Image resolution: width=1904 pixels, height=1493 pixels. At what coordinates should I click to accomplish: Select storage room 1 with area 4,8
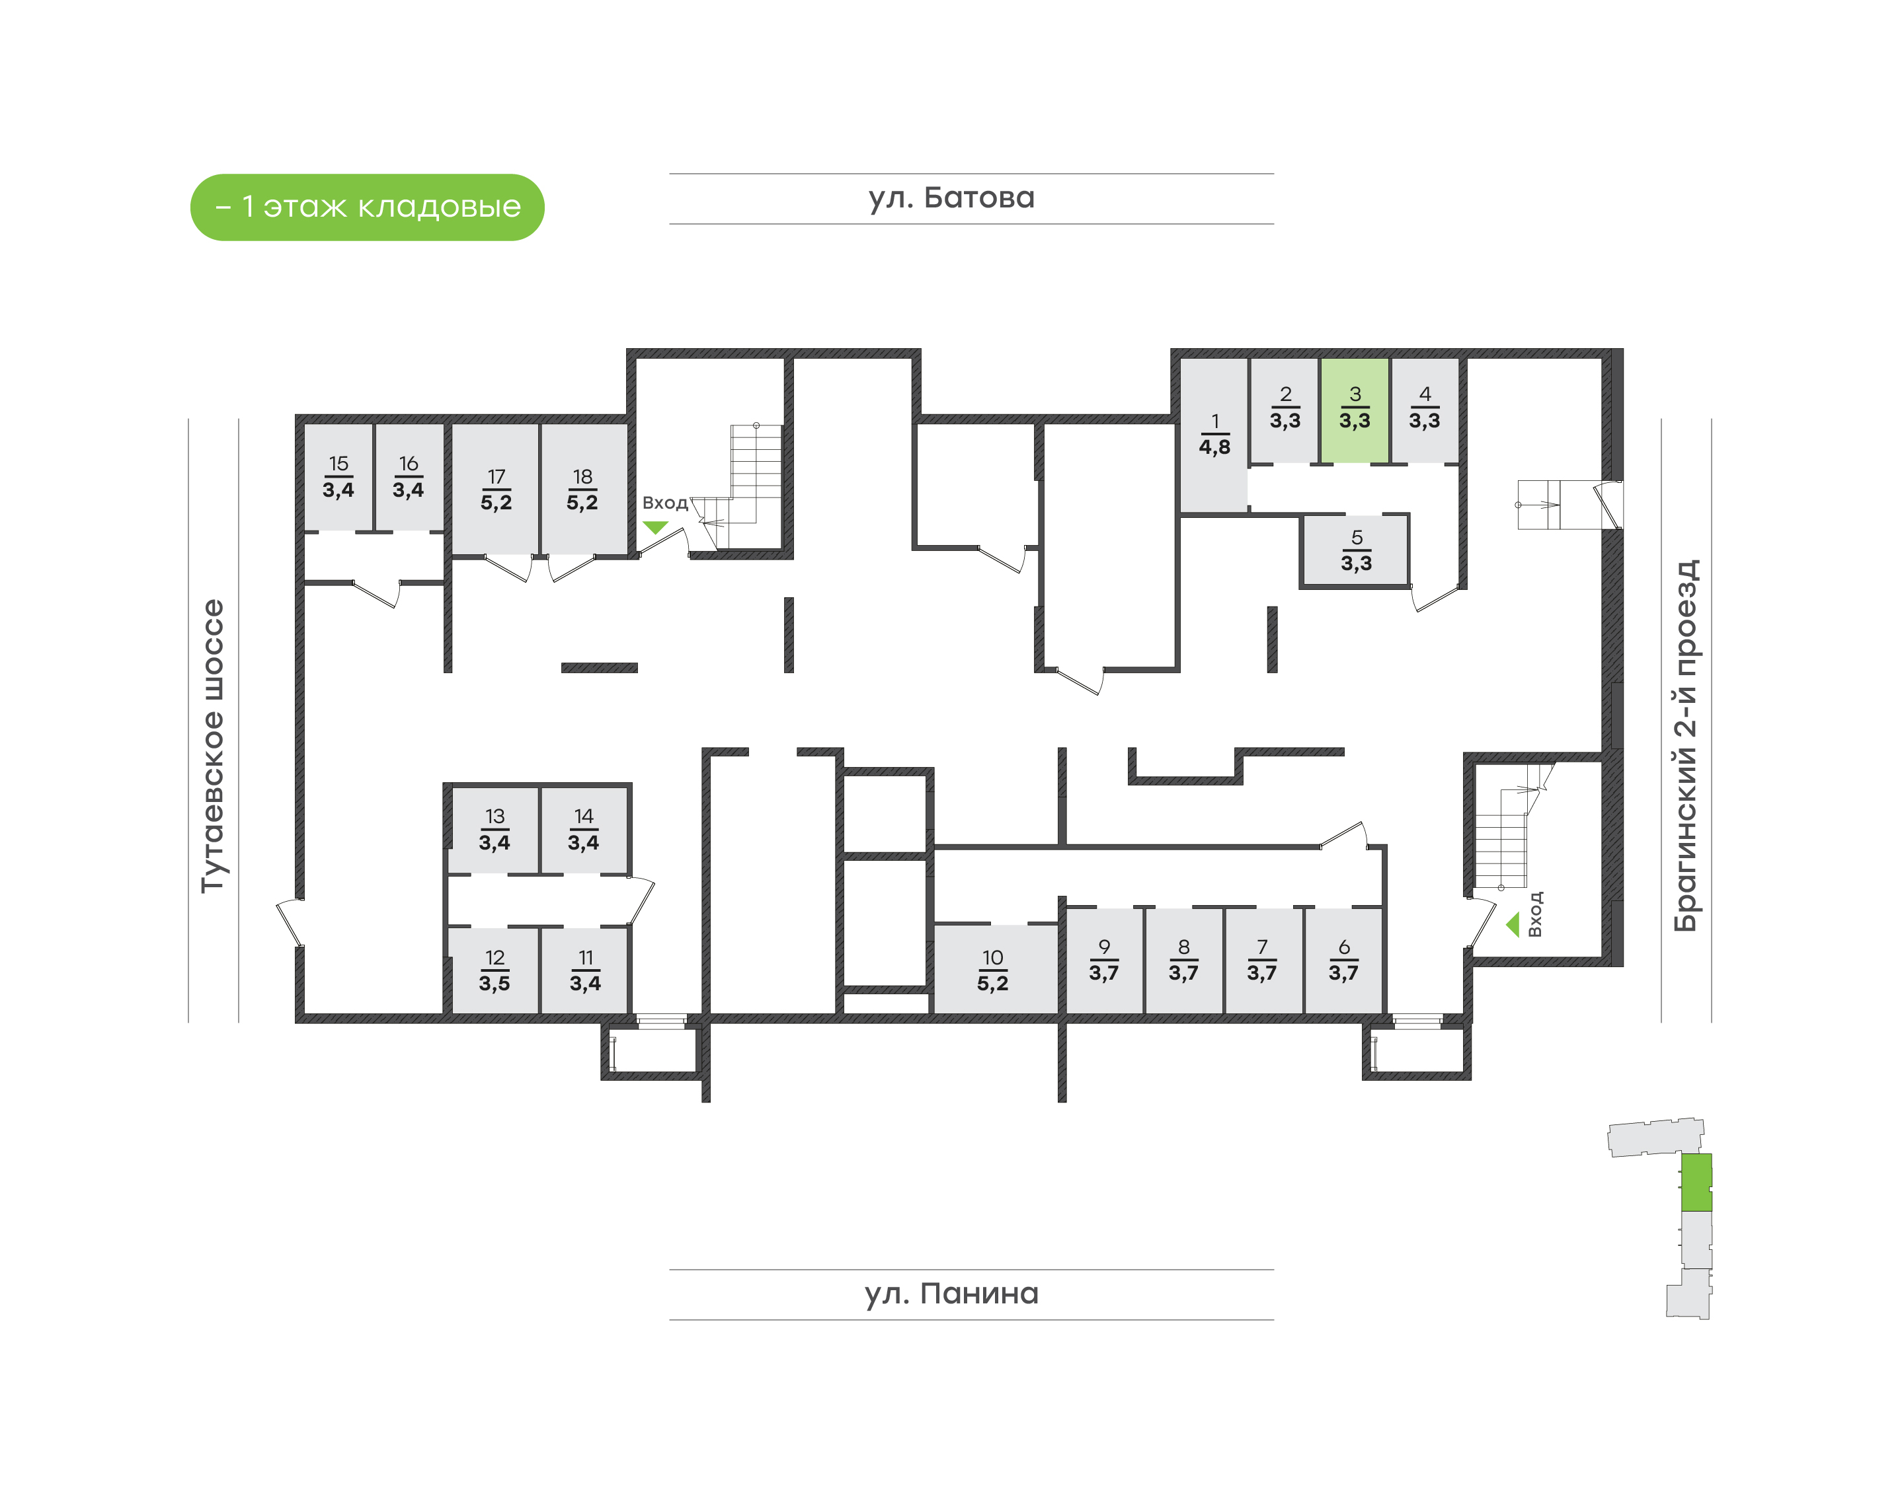coord(1214,435)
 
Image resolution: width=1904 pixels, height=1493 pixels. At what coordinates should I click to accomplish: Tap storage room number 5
coord(1356,551)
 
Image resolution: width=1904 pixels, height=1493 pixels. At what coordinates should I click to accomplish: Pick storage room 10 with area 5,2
coord(993,970)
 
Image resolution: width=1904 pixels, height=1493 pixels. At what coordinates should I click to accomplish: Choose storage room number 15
coord(338,477)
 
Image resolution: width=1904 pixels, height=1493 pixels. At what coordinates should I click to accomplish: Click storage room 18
coord(582,490)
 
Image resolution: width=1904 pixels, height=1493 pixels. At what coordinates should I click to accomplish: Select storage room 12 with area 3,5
coord(494,971)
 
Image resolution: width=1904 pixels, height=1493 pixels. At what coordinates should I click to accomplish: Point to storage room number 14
coord(583,830)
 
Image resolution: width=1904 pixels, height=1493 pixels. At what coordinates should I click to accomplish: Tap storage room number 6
coord(1343,960)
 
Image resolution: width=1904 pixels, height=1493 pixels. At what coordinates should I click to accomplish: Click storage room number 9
coord(1104,960)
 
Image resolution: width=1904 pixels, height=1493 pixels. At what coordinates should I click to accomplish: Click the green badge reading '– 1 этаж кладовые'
coord(368,207)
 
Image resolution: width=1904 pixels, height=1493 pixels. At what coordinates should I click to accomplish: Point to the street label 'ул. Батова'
coord(951,198)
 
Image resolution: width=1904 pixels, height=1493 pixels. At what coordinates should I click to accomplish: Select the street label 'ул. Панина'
coord(951,1293)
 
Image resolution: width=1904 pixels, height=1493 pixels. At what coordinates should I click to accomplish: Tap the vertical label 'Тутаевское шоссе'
coord(212,746)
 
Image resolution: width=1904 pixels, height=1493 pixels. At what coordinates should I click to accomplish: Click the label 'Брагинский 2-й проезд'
coord(1685,746)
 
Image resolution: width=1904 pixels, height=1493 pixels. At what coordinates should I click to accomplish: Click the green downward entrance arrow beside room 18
coord(655,527)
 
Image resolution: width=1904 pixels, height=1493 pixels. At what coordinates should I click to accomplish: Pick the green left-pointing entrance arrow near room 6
coord(1512,925)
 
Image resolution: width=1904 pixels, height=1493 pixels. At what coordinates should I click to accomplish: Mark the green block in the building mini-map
coord(1696,1182)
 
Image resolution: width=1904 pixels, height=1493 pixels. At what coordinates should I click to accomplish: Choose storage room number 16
coord(409,477)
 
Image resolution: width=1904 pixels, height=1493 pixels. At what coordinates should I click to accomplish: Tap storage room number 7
coord(1262,960)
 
